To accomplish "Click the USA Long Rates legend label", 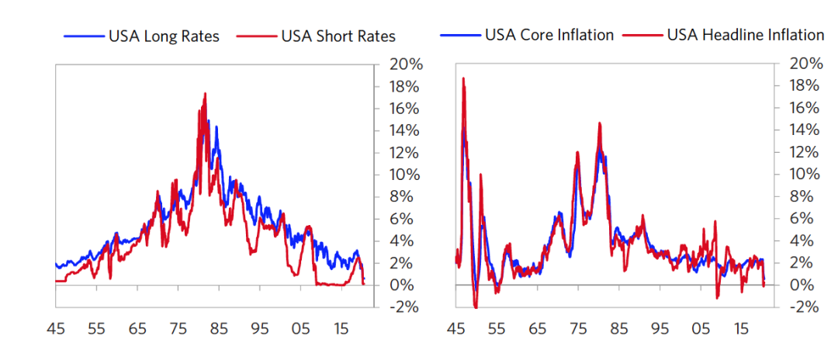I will click(x=164, y=36).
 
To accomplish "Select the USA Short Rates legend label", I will click(x=338, y=36).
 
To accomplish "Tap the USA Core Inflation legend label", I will click(x=549, y=35).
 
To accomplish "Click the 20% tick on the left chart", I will click(x=405, y=64).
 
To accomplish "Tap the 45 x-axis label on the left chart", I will click(x=56, y=328).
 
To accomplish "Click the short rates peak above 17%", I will click(x=205, y=94).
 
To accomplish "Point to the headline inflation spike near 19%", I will click(x=463, y=78).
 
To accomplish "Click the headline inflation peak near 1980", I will click(x=600, y=123).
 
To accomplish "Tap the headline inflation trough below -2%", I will click(x=476, y=308).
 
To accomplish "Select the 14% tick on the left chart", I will click(x=405, y=130).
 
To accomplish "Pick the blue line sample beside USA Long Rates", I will click(x=83, y=36).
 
